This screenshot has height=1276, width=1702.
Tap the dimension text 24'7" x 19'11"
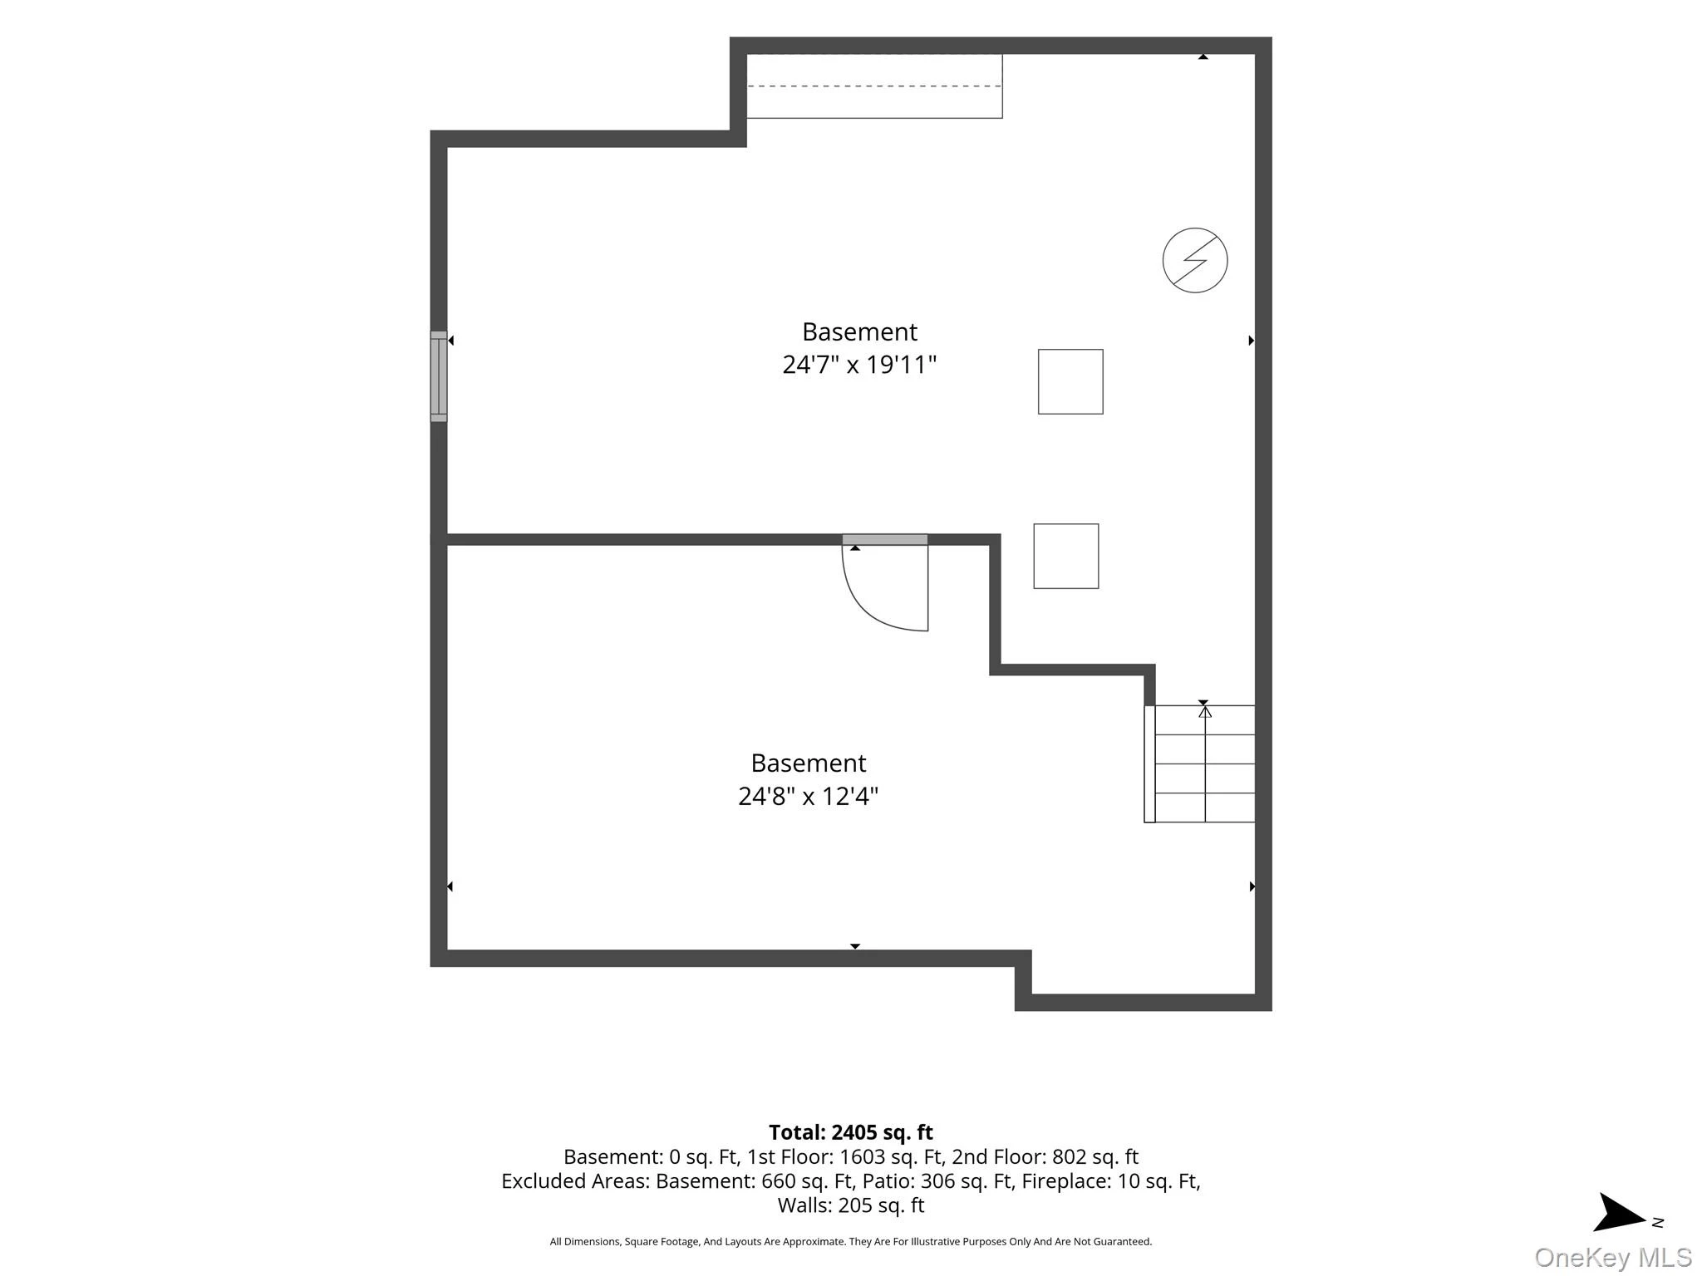[x=859, y=365]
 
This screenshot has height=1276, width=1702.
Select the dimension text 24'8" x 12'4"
[x=809, y=796]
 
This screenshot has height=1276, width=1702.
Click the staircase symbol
[x=1200, y=763]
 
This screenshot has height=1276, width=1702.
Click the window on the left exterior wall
[x=439, y=376]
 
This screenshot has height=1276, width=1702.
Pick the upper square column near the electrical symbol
[x=1070, y=381]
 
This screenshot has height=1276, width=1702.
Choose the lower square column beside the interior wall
[x=1066, y=556]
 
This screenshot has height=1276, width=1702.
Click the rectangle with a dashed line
[x=874, y=86]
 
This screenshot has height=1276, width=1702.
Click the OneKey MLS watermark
[x=1613, y=1258]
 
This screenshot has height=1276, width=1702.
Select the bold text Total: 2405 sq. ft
[x=851, y=1132]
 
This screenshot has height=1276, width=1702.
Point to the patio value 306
[x=937, y=1180]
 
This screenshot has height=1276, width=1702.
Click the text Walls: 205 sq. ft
[x=851, y=1205]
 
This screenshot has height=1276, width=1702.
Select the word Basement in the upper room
[x=859, y=331]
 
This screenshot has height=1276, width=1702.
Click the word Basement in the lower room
[x=809, y=763]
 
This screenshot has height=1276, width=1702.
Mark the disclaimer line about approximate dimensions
[x=851, y=1242]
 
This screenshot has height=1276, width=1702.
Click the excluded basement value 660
[x=778, y=1180]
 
